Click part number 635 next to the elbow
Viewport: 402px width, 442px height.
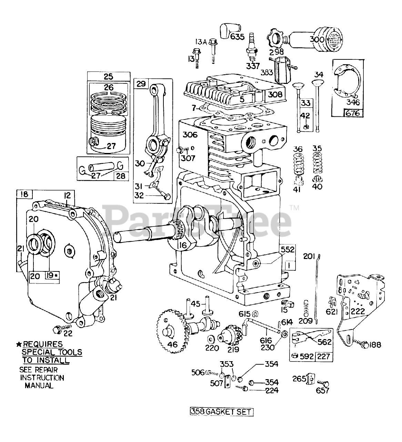click(237, 37)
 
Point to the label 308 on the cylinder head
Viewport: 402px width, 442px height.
click(275, 94)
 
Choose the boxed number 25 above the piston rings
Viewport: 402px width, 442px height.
click(109, 76)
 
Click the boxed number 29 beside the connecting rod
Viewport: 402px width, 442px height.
click(141, 84)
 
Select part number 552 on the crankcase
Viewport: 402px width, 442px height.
click(287, 250)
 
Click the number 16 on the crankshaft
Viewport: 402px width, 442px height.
click(183, 245)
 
